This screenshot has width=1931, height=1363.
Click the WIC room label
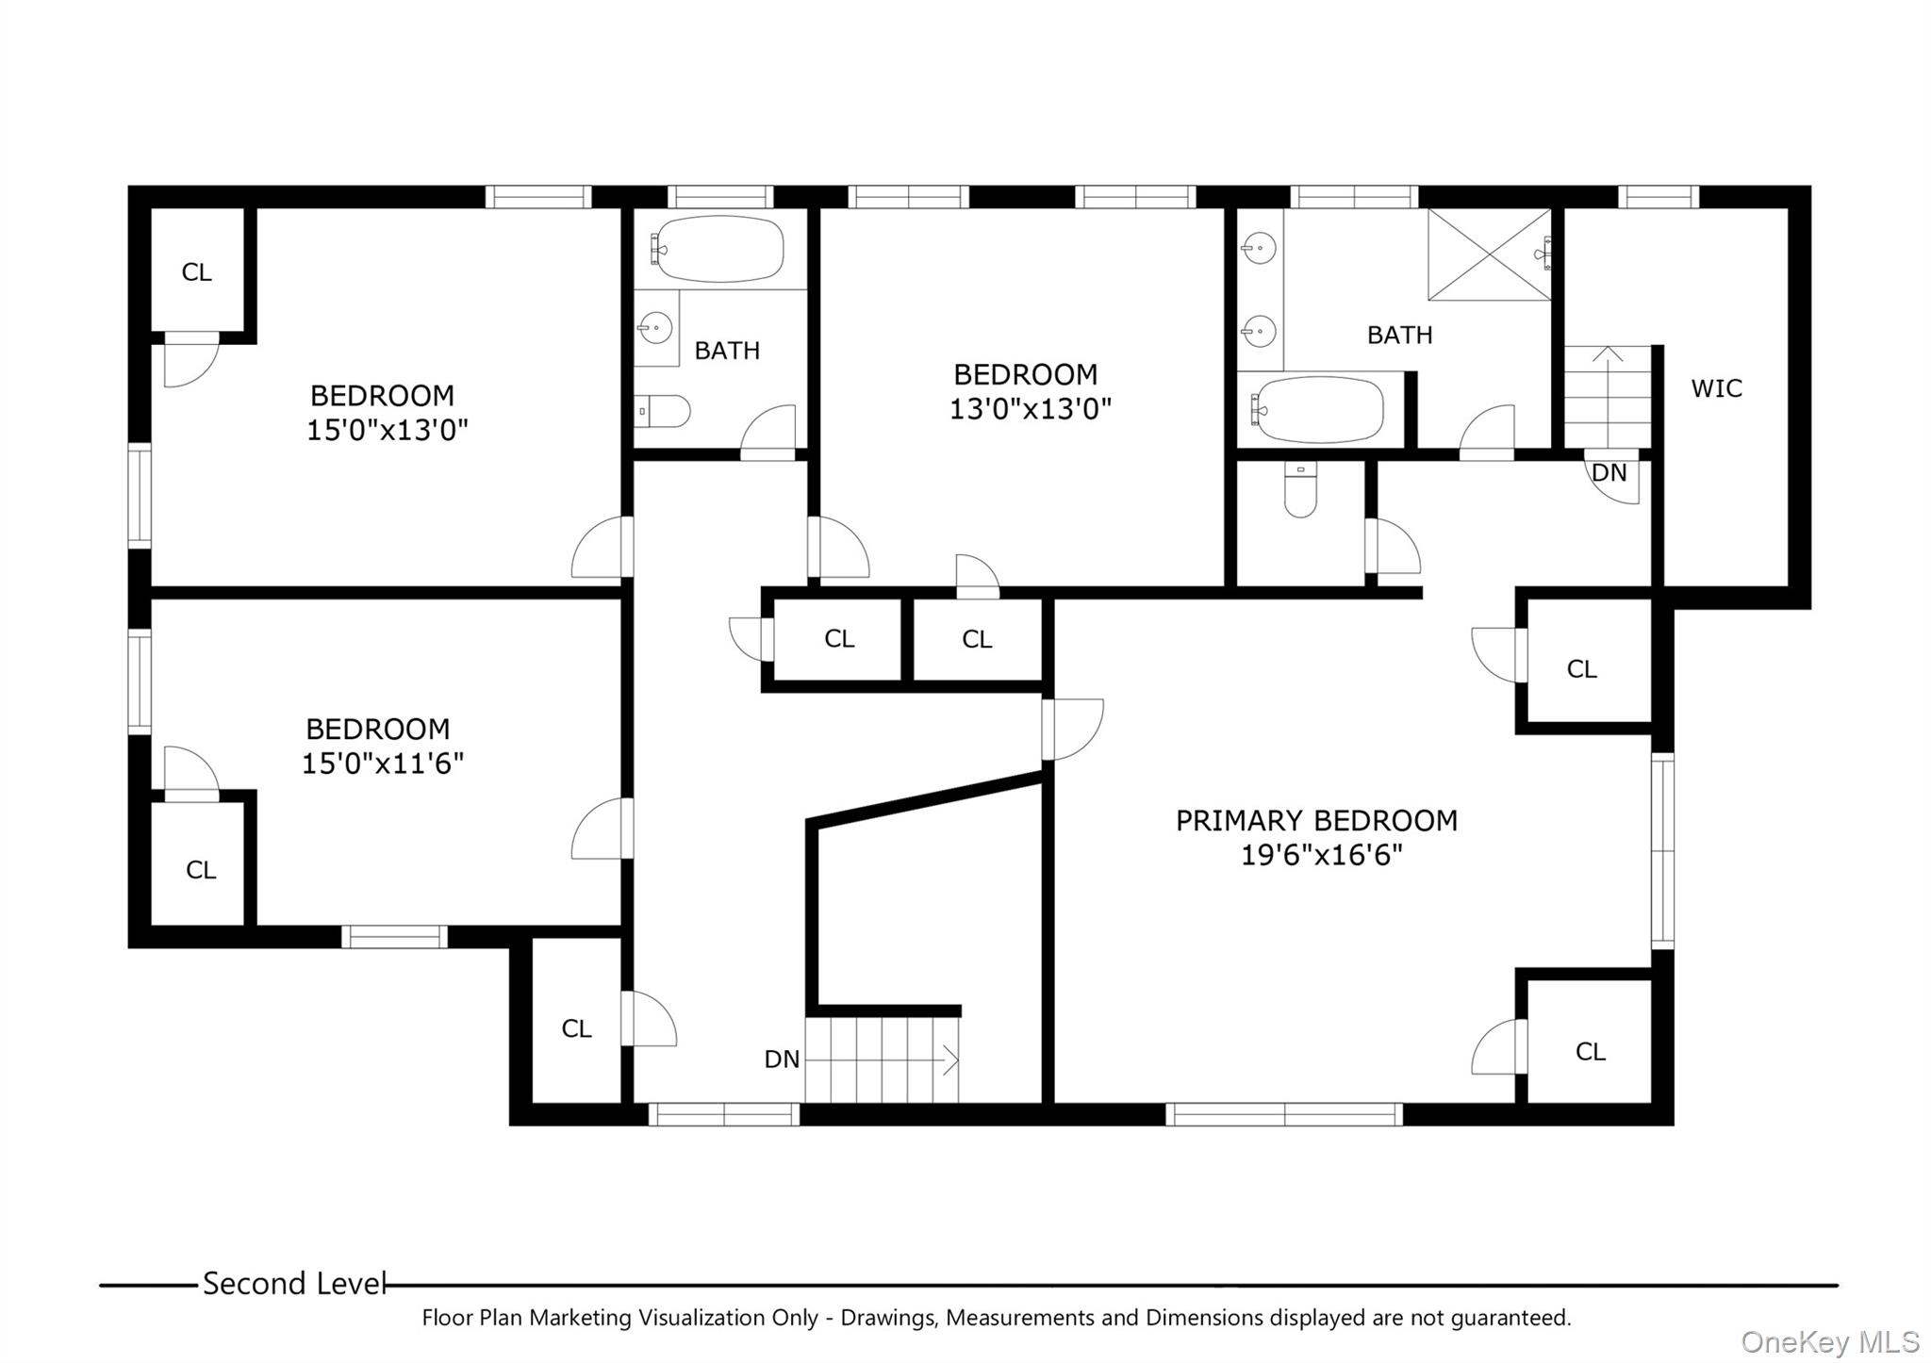pos(1716,388)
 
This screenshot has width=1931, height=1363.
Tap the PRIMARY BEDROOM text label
pos(1316,821)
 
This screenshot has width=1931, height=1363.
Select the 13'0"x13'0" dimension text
pos(1030,409)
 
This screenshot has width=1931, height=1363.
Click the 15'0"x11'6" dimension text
pos(382,764)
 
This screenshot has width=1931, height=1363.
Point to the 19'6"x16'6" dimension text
pos(1321,856)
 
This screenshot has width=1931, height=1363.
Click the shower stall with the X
pos(1489,255)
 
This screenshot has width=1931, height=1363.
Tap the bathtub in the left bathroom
pos(720,250)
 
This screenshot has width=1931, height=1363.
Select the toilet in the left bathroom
pos(663,412)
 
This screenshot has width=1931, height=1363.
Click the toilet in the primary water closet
pos(1300,491)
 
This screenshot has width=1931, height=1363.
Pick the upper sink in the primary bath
pos(1259,249)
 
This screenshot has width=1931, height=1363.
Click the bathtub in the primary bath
pos(1317,410)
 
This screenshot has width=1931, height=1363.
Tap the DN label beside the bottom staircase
pos(782,1059)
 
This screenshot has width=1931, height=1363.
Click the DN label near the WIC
pos(1609,472)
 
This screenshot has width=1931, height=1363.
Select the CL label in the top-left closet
pos(196,272)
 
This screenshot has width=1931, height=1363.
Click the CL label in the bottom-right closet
pos(1590,1051)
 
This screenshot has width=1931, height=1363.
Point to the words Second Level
pos(294,1284)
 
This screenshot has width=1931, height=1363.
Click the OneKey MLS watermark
pos(1829,1341)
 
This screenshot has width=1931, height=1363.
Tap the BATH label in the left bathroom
pos(727,351)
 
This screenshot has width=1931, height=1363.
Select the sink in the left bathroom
pos(654,329)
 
